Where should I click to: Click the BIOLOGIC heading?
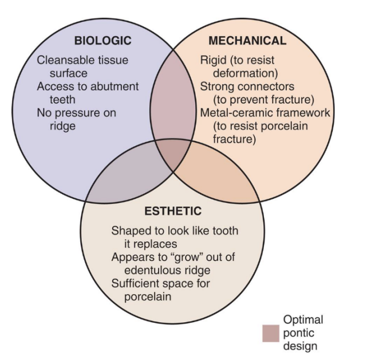pos(103,41)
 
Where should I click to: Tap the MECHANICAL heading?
pos(247,41)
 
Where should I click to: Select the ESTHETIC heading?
pos(173,211)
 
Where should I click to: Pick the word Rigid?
pos(213,60)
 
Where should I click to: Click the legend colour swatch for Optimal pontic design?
pos(270,334)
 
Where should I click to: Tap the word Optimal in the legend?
pos(303,320)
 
